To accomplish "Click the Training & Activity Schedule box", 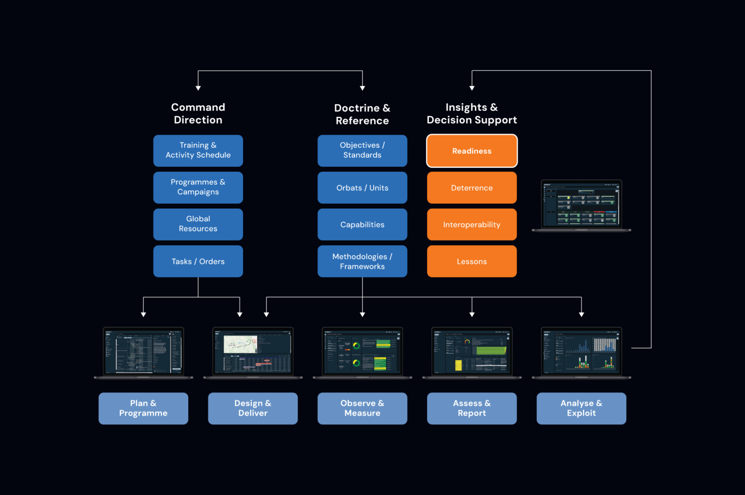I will [198, 150].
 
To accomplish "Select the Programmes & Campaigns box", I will [198, 187].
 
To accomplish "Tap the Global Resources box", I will [198, 224].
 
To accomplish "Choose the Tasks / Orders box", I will [198, 261].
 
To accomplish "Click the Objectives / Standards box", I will [362, 150].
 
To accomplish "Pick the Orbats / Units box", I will [362, 187].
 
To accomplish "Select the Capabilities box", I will [362, 224].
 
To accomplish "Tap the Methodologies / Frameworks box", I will [362, 261].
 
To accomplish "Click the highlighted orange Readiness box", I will [471, 151].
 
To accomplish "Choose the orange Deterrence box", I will [471, 187].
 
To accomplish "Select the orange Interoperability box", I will [471, 224].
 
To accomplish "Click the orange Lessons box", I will [471, 261].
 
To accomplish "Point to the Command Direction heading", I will [198, 113].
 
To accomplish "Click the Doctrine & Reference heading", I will [362, 114].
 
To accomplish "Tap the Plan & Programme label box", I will [143, 408].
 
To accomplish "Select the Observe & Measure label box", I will [362, 408].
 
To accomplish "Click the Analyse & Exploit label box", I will [581, 408].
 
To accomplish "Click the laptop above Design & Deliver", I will [253, 352].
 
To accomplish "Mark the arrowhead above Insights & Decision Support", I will [472, 88].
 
